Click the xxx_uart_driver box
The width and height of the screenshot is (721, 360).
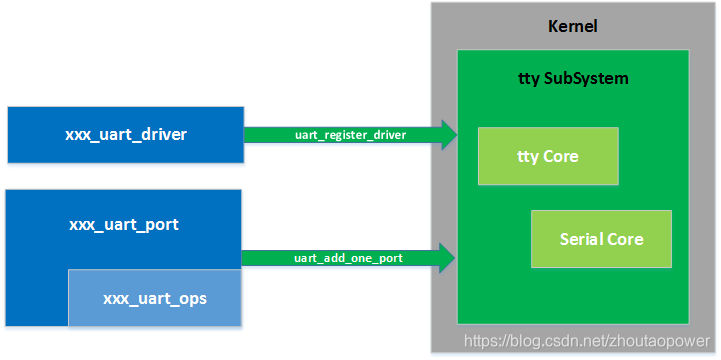point(125,134)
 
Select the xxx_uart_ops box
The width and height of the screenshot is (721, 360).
point(155,298)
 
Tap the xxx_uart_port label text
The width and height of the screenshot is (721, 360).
point(124,224)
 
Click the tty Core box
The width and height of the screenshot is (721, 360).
point(547,156)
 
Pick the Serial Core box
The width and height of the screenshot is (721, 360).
point(600,239)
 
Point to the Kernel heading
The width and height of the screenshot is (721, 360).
point(573,26)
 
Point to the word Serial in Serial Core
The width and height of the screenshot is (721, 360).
point(582,239)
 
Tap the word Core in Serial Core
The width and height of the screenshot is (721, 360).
point(626,239)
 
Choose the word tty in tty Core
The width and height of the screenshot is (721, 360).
point(526,156)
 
